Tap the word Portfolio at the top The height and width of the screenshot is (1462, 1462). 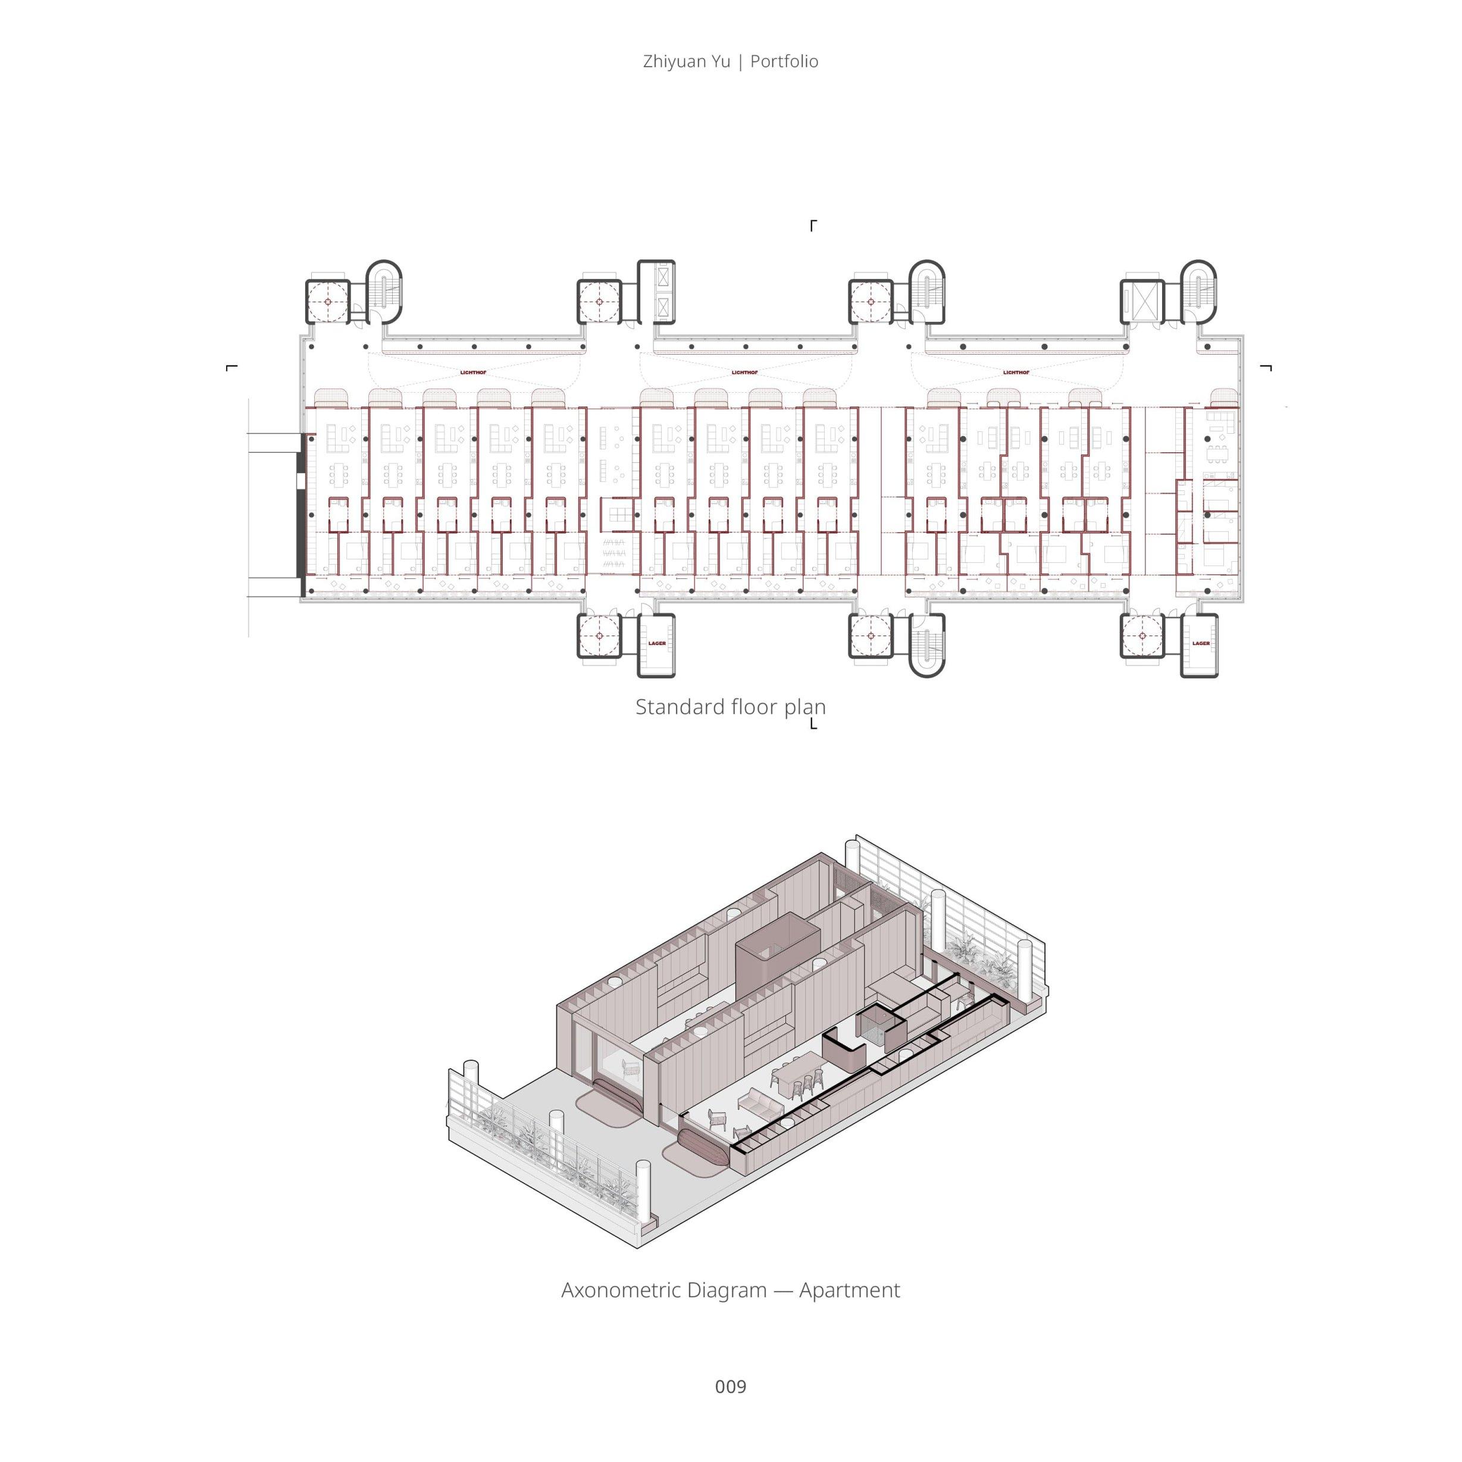(784, 61)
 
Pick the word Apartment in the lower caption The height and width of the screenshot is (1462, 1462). (849, 1289)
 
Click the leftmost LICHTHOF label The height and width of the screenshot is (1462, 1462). (473, 373)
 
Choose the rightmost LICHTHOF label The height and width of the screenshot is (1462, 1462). (1016, 373)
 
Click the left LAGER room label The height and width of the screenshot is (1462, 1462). (657, 643)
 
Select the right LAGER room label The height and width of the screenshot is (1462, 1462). (1201, 643)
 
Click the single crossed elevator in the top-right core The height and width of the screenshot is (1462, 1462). (1141, 301)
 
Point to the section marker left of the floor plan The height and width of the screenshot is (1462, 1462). (231, 368)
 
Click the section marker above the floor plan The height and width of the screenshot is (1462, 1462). (813, 225)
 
